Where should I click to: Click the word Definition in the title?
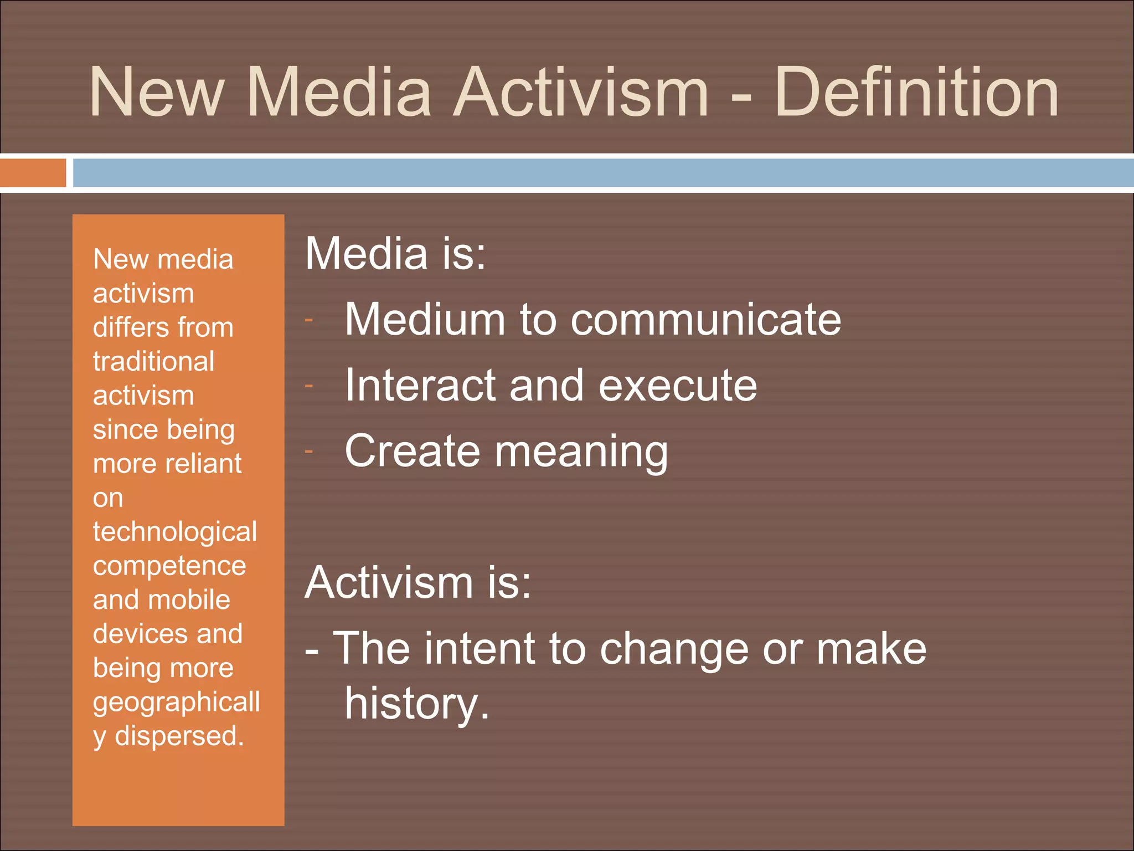tap(916, 92)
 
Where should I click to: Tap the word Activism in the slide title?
tap(581, 92)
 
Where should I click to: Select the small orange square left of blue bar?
tap(33, 173)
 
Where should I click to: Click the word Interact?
tap(420, 385)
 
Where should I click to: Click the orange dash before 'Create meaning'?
tap(309, 452)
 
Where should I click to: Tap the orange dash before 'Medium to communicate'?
tap(309, 320)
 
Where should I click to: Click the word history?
tap(416, 704)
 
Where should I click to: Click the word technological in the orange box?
tap(175, 532)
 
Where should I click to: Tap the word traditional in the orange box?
tap(154, 362)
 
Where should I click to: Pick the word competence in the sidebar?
tap(169, 566)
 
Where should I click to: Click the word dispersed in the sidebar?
tap(179, 736)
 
